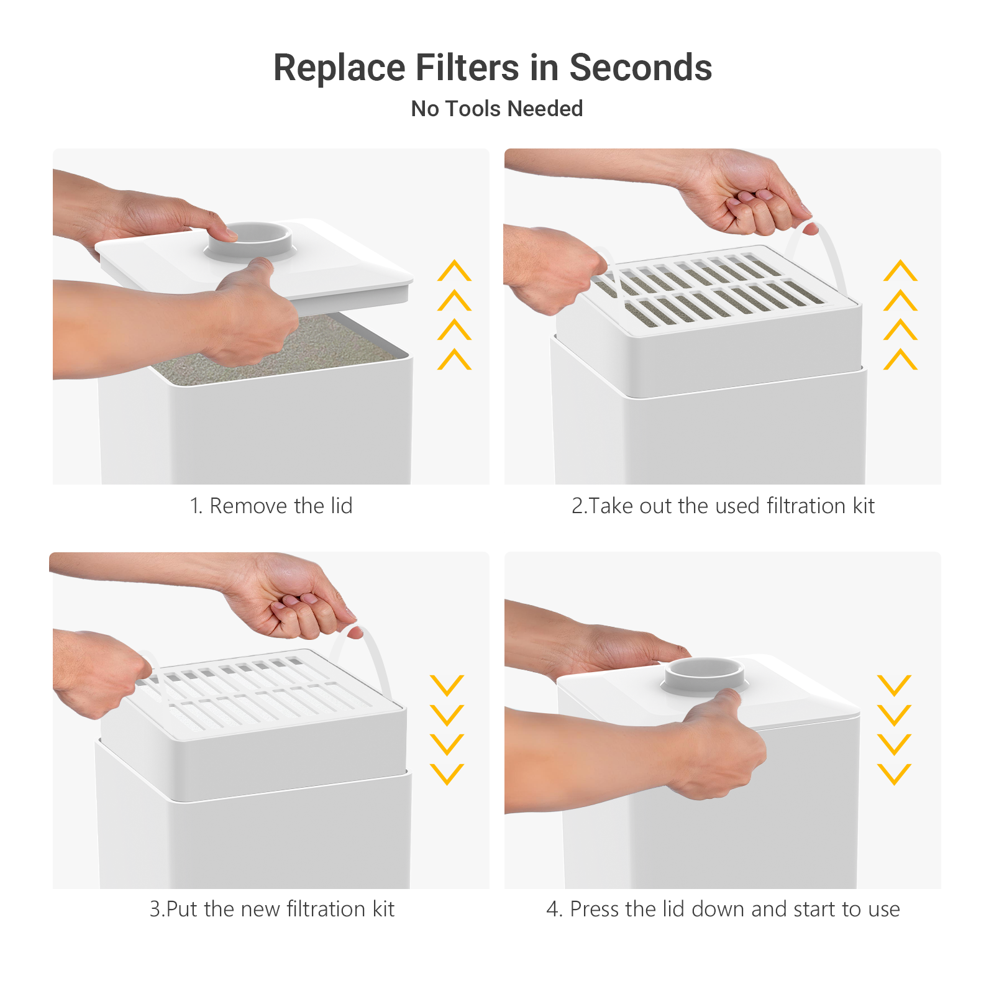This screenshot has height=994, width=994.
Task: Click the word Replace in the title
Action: coord(340,68)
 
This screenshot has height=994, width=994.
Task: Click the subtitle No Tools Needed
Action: coord(497,109)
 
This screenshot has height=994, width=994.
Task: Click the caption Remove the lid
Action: coord(271,506)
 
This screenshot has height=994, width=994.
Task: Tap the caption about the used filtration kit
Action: coord(723,506)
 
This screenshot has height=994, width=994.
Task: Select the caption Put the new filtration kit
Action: coord(272,909)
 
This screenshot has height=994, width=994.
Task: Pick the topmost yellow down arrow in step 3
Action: coord(447,685)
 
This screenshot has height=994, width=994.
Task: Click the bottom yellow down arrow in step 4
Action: coord(894,774)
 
